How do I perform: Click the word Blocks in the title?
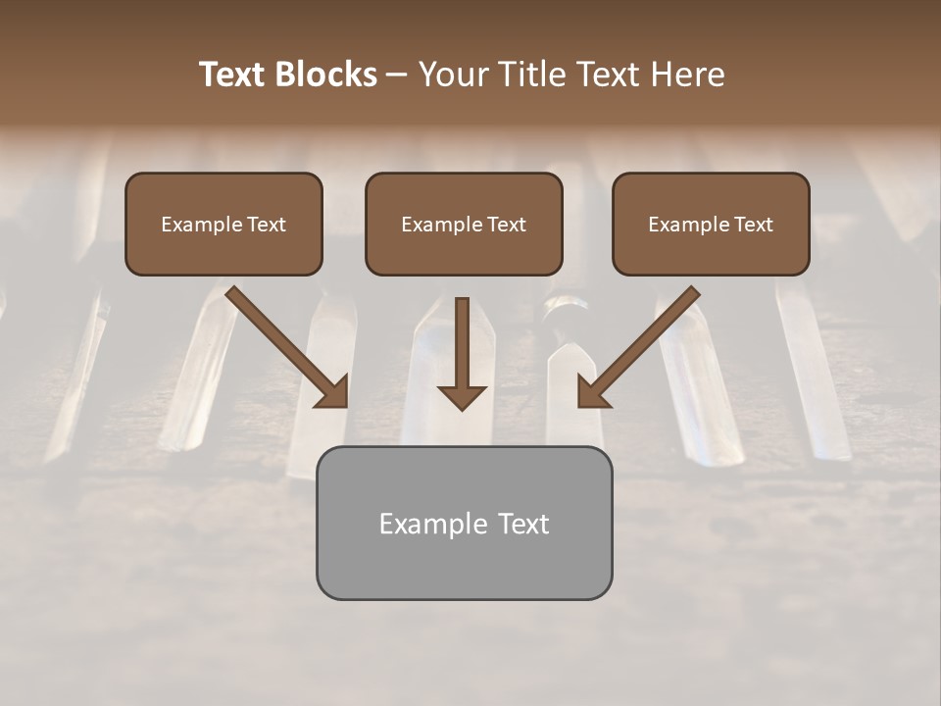(328, 75)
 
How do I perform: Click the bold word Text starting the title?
(236, 75)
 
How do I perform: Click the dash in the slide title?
(397, 76)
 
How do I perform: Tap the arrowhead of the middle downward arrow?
(462, 395)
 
